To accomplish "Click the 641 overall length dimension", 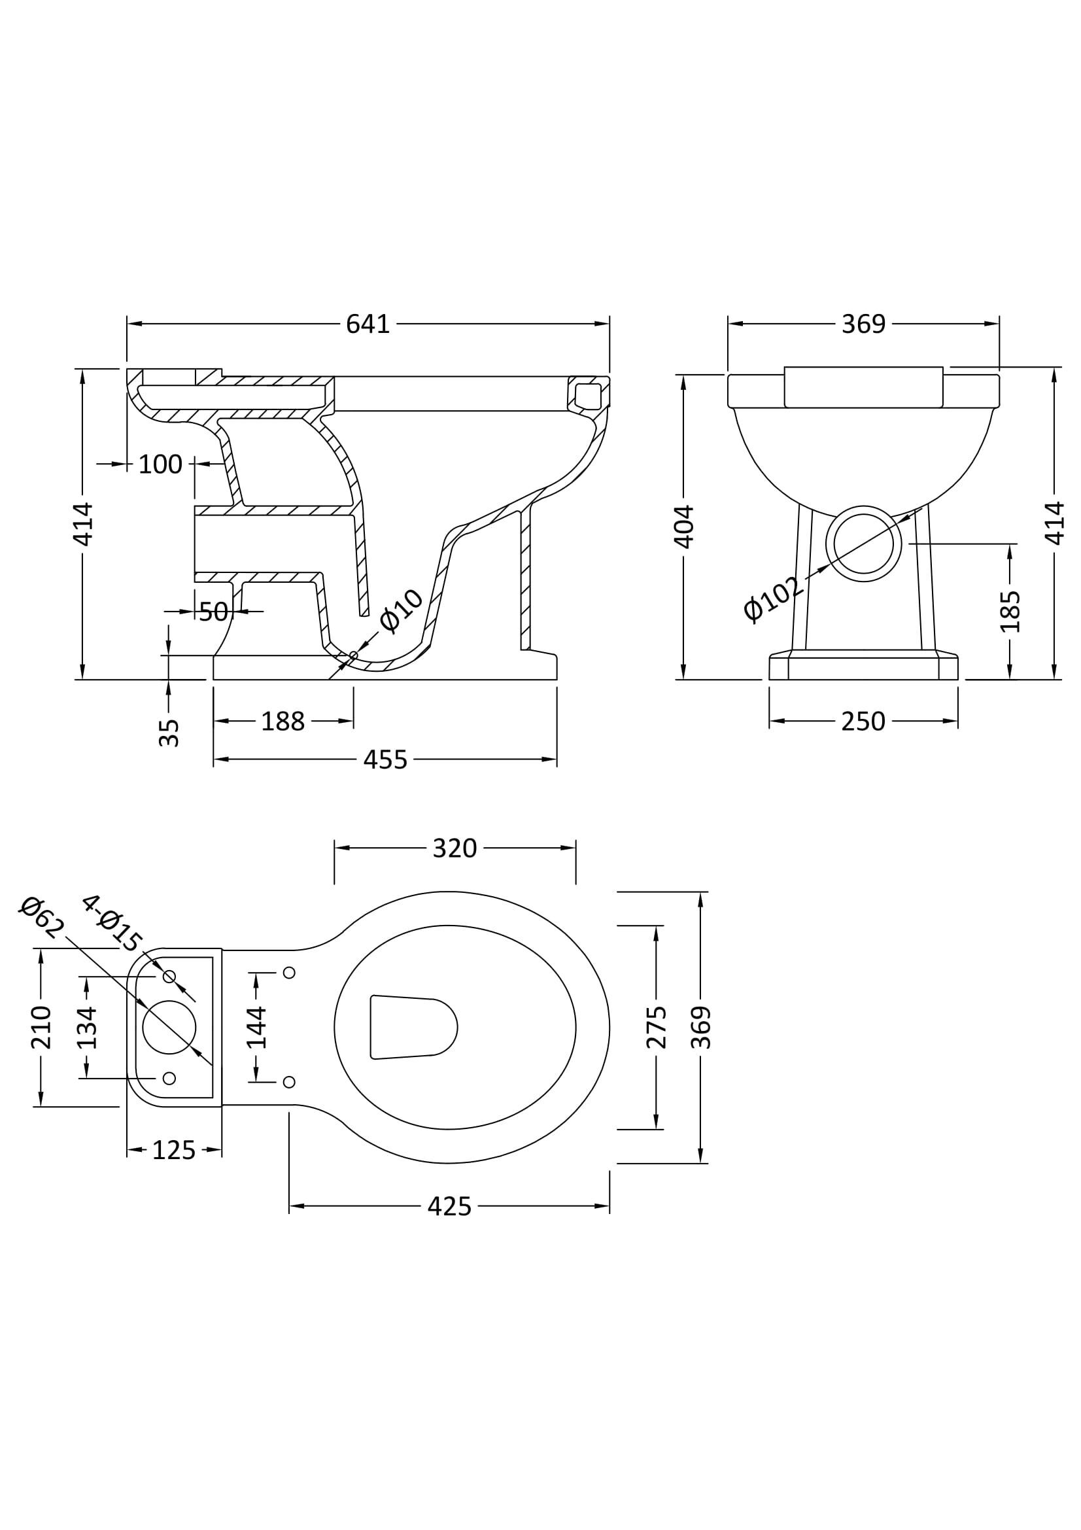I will coord(368,324).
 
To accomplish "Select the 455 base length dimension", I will coord(385,759).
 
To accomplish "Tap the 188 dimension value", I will coord(283,722).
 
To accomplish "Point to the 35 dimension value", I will coord(170,733).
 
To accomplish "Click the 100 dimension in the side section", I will coord(160,464).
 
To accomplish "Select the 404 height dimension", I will coord(685,527).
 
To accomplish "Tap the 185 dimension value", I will coord(1010,611).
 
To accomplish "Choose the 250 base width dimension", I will coord(863,722).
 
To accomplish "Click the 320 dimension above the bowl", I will coord(455,848).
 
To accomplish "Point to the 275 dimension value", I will coord(656,1027).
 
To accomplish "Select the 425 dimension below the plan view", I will coord(449,1207).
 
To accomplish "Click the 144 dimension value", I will coord(256,1027).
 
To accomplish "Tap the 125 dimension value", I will coord(174,1150).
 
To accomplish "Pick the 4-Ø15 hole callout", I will coord(112,923).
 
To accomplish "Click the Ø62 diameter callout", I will coord(42,918).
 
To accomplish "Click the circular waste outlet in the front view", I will coord(863,544).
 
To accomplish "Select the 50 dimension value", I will coord(213,612).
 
